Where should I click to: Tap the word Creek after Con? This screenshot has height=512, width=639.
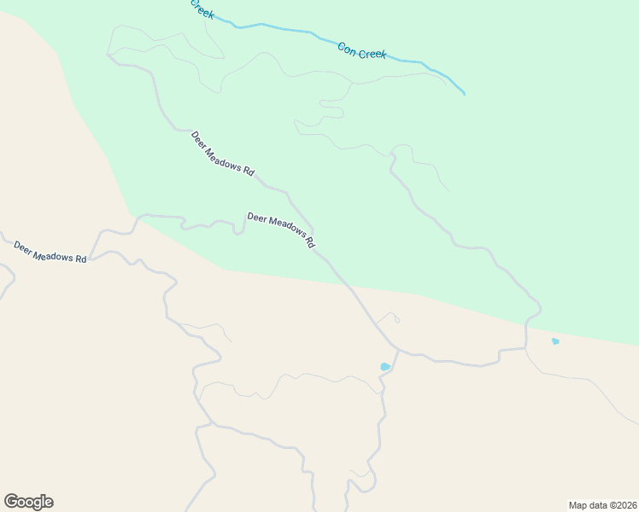[x=372, y=54]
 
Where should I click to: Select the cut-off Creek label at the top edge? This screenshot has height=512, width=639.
[x=202, y=9]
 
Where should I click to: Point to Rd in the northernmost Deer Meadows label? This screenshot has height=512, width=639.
[x=249, y=172]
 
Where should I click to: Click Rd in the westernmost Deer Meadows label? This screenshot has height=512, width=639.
[x=81, y=259]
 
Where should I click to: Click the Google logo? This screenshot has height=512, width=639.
[x=28, y=502]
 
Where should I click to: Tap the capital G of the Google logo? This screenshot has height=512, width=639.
[x=11, y=501]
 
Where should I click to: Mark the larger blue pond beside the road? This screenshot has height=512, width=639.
[x=385, y=367]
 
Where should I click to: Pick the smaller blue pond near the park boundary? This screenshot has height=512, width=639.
[x=555, y=341]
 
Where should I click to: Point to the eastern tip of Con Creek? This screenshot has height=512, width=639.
[x=464, y=93]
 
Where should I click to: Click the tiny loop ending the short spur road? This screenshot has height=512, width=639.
[x=397, y=320]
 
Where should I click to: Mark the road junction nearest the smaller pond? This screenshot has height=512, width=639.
[x=525, y=348]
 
